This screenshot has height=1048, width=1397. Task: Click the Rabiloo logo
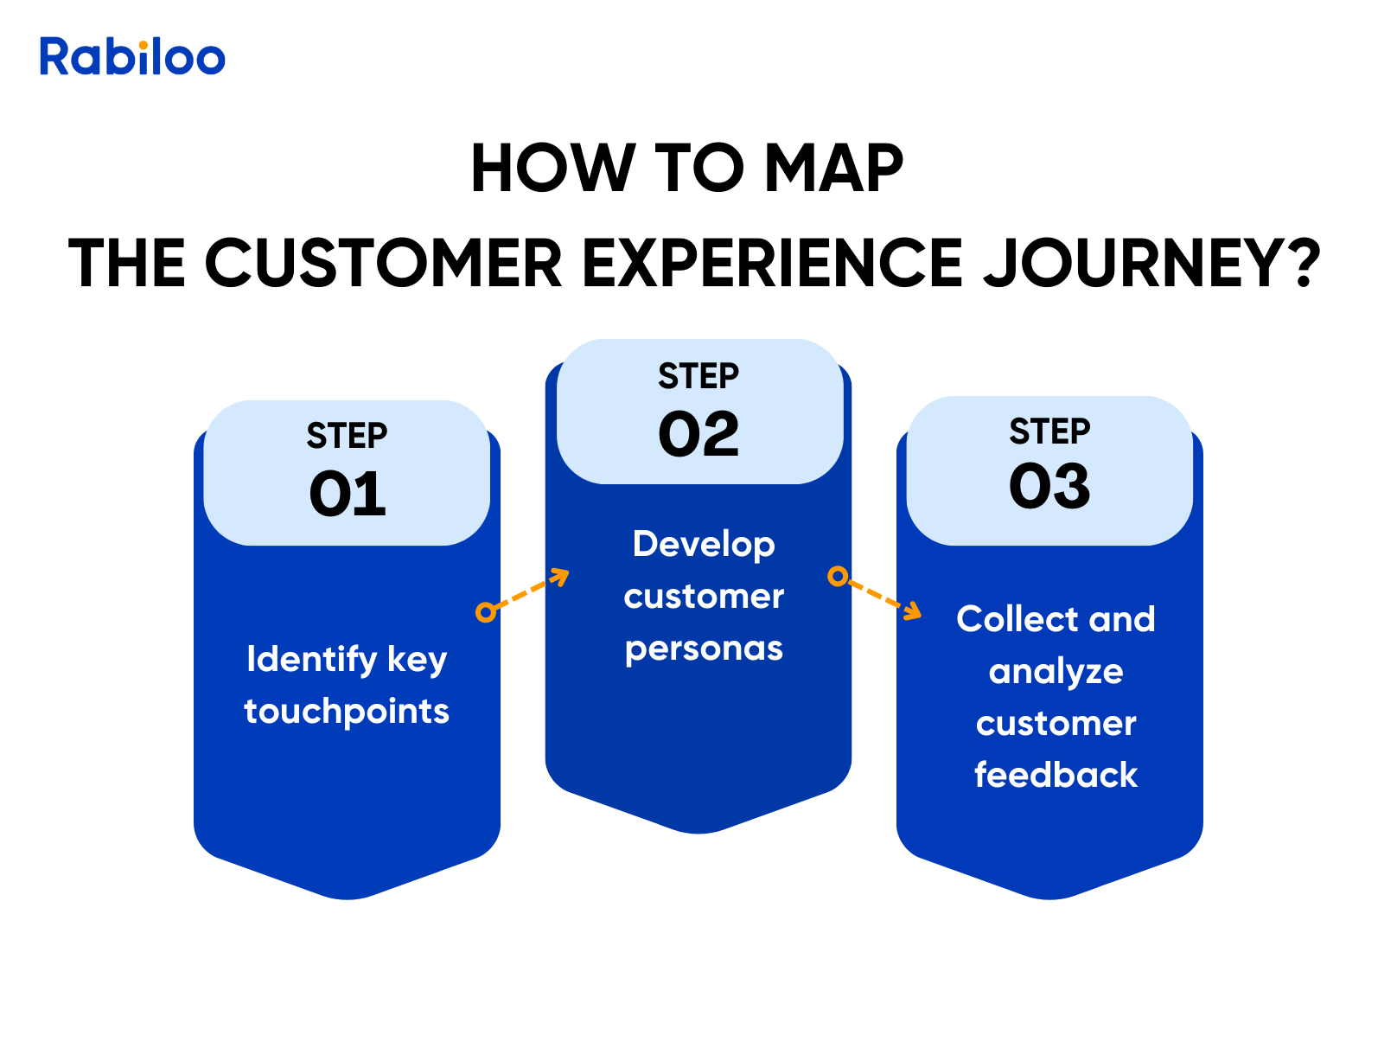(132, 57)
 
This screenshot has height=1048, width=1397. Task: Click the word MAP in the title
(833, 169)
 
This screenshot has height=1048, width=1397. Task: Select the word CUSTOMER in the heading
(384, 263)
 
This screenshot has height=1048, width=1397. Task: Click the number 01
(348, 495)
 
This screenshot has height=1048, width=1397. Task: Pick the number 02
(698, 434)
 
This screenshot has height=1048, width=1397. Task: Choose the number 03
(1049, 486)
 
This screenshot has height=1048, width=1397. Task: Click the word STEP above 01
(347, 436)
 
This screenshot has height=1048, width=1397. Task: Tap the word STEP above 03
(1049, 431)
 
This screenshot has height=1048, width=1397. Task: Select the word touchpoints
(347, 712)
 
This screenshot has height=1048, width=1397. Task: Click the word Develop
(704, 545)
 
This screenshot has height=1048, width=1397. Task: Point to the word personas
(704, 649)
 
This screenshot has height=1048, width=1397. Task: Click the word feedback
(1056, 775)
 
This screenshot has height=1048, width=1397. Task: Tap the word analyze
(1056, 672)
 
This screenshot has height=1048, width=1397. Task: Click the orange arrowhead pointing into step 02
(562, 575)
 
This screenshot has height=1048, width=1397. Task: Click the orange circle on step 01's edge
(486, 612)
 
